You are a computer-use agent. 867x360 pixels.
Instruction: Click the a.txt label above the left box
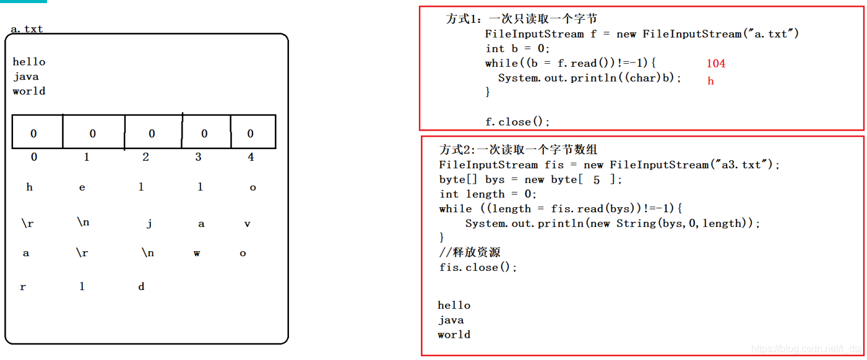(x=27, y=29)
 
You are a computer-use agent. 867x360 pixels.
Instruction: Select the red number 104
(x=715, y=63)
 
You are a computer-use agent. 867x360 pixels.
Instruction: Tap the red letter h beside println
(x=710, y=81)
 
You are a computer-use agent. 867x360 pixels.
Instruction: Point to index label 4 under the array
(x=251, y=157)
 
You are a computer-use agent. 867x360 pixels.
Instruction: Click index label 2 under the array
(x=145, y=157)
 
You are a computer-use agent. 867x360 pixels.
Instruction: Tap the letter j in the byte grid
(x=149, y=224)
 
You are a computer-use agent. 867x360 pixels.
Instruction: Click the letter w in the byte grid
(x=197, y=253)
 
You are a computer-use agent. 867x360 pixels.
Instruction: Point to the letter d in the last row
(x=141, y=286)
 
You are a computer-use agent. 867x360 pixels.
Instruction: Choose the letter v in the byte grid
(x=247, y=224)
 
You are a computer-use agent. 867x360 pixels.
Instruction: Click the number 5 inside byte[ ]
(x=596, y=180)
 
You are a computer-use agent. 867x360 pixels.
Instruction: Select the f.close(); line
(x=517, y=122)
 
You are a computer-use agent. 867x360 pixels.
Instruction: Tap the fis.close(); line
(x=478, y=267)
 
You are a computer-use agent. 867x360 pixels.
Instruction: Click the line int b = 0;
(x=517, y=48)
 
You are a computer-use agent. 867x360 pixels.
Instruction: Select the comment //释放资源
(x=470, y=252)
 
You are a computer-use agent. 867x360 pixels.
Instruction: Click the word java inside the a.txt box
(x=25, y=77)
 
